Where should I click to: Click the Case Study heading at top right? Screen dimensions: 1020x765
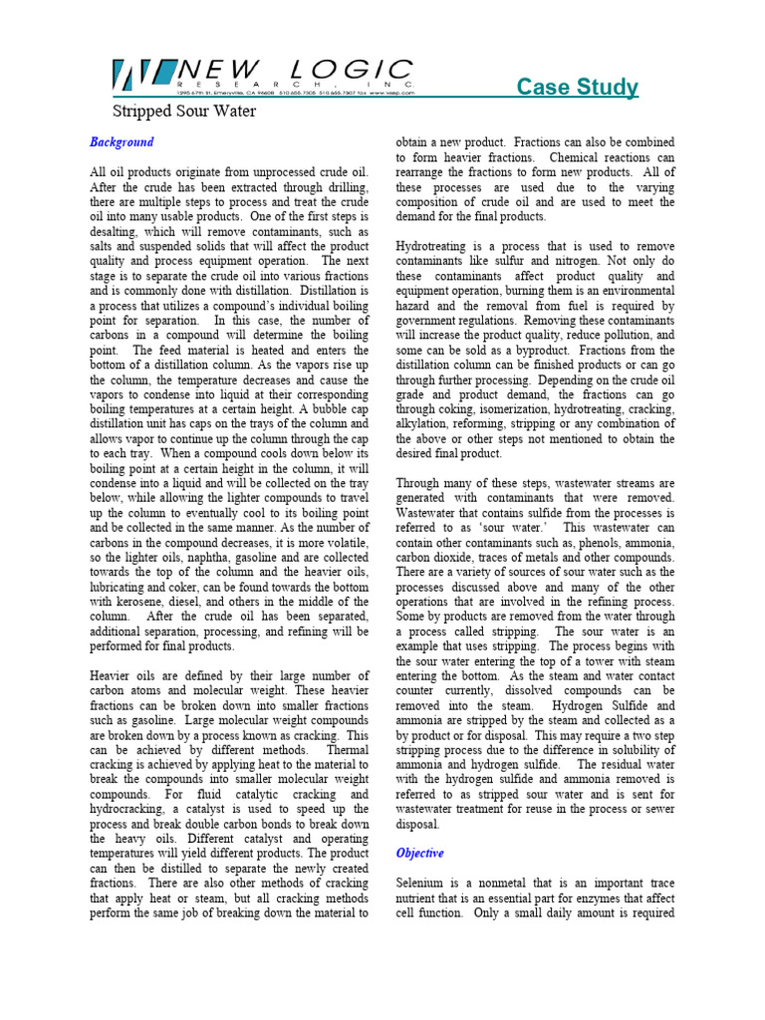tap(578, 88)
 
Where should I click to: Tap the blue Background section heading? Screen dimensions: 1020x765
tap(122, 142)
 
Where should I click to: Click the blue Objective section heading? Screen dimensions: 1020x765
tap(420, 854)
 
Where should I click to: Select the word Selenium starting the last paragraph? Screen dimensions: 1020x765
tap(422, 883)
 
